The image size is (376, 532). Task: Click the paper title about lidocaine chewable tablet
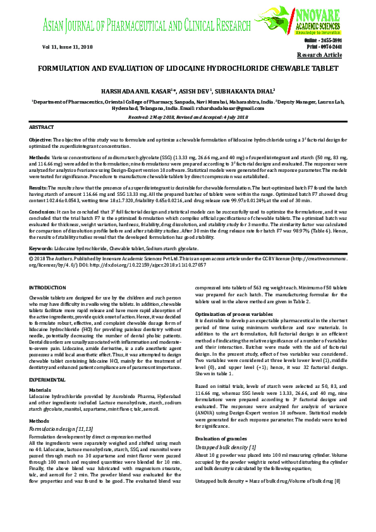coord(187,66)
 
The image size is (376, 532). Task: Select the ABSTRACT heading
coord(42,127)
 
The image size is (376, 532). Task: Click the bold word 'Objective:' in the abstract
coord(41,138)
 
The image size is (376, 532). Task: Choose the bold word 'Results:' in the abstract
coord(39,188)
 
